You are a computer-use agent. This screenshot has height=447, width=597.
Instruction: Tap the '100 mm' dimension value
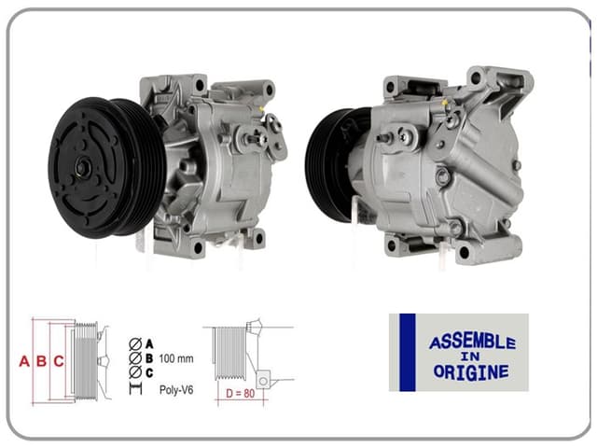point(176,358)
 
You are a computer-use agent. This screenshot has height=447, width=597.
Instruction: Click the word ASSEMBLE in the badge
point(472,342)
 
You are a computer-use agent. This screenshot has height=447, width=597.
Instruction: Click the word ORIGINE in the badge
point(472,371)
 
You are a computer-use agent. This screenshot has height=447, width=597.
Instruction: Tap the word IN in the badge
point(471,356)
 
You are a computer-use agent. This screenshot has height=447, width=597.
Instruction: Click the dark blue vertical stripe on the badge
point(407,352)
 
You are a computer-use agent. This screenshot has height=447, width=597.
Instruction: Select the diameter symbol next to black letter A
point(135,343)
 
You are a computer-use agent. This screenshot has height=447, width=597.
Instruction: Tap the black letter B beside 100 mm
point(149,358)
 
